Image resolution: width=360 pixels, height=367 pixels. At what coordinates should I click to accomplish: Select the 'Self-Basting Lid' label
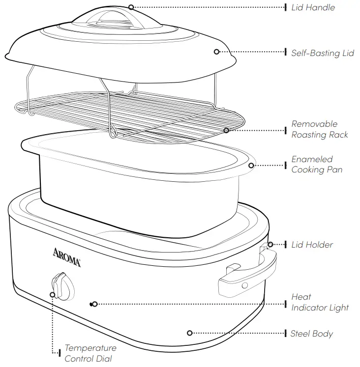point(322,53)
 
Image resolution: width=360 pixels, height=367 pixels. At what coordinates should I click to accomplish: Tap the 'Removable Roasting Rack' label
point(319,129)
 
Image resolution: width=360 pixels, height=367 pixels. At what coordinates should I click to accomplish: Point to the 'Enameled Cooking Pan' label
point(316,165)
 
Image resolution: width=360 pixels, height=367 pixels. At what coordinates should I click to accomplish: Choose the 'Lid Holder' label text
point(312,245)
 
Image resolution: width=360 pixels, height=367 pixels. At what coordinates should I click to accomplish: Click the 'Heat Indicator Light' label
point(320,303)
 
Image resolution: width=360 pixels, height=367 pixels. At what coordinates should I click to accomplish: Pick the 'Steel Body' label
point(311,334)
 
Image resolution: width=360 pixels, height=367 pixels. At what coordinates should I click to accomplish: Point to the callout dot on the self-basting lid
point(216,52)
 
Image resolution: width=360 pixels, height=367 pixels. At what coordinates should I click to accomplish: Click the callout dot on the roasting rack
point(227,130)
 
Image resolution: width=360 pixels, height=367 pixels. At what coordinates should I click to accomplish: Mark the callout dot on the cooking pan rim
point(251,165)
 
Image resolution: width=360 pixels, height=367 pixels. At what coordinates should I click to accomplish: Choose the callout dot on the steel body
point(190,333)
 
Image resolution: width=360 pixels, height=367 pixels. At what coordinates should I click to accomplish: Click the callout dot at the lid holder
point(269,244)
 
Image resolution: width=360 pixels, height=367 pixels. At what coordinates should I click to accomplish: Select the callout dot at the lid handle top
point(131,7)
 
